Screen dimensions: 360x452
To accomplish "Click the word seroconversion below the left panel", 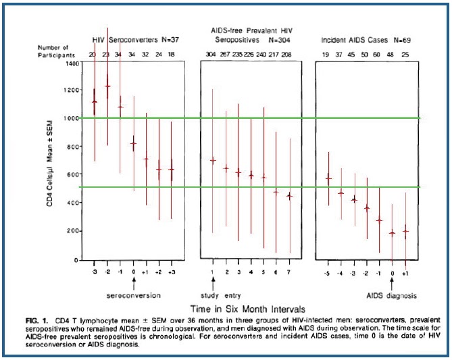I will (134, 295).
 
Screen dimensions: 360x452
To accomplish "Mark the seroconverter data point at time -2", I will (107, 86).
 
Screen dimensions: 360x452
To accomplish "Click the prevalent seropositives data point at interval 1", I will (213, 160).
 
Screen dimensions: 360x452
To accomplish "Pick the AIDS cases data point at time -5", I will (328, 178).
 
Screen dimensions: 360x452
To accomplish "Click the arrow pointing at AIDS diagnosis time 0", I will (393, 284).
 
